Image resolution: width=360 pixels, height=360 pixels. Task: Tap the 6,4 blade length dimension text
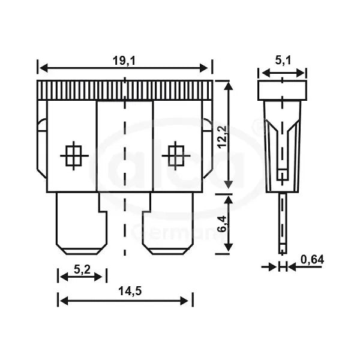[222, 223]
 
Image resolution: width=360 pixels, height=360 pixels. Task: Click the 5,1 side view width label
[282, 60]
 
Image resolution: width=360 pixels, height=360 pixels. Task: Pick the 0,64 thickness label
[312, 259]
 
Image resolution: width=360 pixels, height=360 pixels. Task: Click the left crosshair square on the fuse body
[74, 156]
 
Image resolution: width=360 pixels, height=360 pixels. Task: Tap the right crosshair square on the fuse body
[176, 156]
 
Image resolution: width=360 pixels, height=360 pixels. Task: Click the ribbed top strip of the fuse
[125, 90]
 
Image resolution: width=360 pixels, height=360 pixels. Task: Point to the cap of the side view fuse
[282, 91]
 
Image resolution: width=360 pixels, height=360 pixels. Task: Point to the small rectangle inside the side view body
[282, 175]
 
